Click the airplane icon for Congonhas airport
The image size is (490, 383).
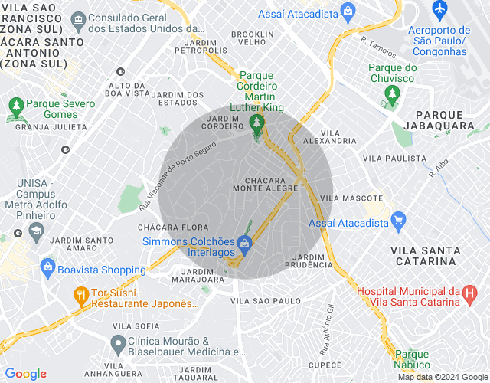point(439,9)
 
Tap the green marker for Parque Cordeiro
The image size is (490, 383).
point(256,123)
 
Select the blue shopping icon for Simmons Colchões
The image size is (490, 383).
point(244,244)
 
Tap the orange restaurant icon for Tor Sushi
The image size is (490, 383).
point(80,295)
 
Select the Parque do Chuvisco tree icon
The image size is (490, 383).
point(392,95)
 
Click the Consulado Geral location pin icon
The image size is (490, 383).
point(77,17)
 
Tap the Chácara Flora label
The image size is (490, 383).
point(173,228)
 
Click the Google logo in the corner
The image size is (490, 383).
point(25,374)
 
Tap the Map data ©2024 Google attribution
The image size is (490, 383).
point(442,377)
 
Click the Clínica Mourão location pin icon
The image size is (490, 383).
point(118,341)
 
